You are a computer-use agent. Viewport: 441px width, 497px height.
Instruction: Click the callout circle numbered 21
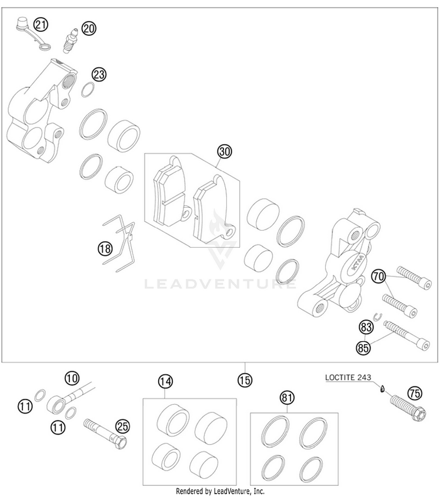(40, 25)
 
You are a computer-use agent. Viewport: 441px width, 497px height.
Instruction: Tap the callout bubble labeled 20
(89, 28)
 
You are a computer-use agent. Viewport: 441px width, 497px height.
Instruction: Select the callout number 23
(98, 74)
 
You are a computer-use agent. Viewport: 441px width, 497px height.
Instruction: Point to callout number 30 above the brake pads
(223, 152)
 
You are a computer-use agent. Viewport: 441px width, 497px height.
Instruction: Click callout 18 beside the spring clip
(105, 249)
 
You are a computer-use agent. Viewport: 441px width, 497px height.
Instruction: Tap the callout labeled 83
(365, 328)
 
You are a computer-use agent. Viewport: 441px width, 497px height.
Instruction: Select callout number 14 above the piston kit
(166, 382)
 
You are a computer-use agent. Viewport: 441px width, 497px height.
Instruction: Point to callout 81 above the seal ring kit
(286, 398)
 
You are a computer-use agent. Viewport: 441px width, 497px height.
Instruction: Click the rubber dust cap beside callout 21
(22, 24)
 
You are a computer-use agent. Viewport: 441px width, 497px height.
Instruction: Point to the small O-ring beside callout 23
(87, 89)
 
